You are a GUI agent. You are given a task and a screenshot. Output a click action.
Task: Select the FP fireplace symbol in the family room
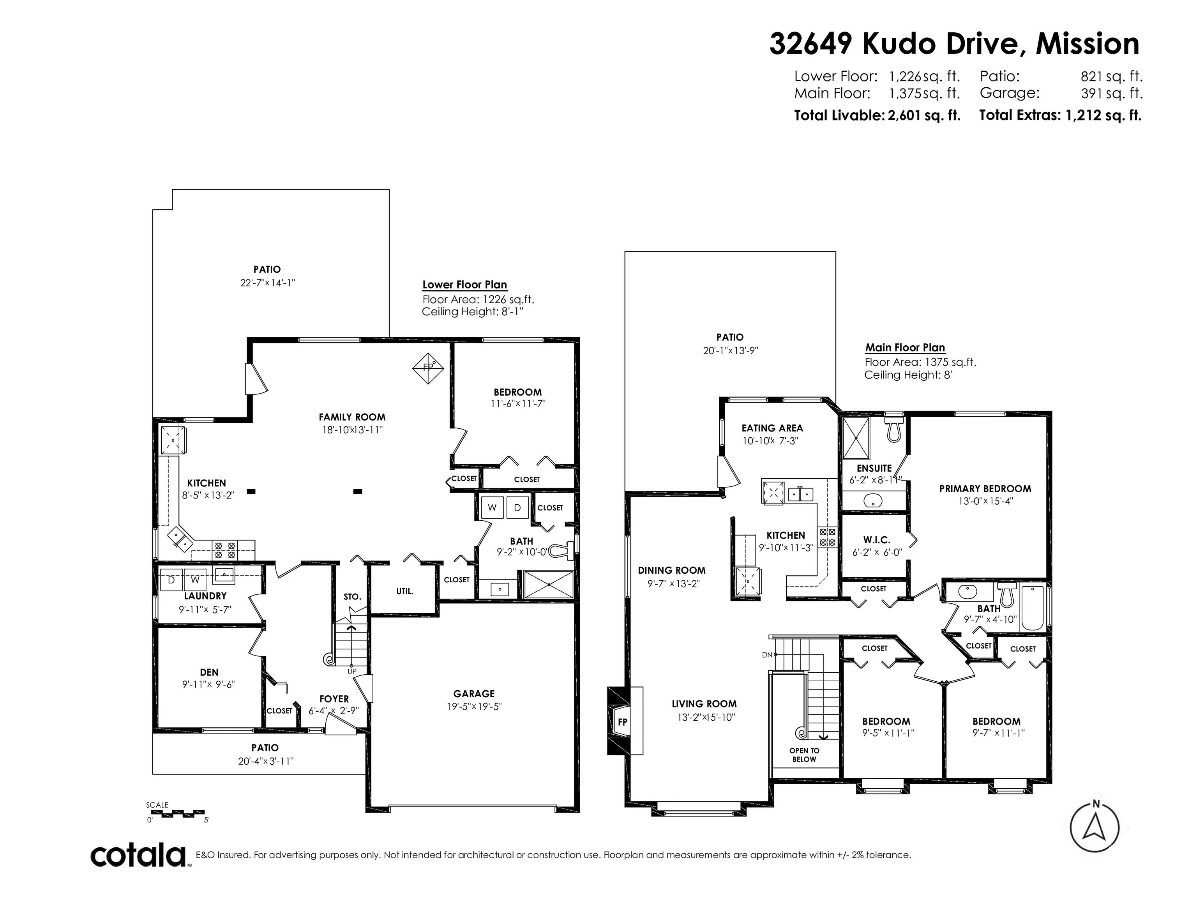tap(428, 368)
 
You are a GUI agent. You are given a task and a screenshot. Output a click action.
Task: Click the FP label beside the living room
tap(623, 721)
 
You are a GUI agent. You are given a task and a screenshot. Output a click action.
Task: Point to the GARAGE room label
tap(474, 693)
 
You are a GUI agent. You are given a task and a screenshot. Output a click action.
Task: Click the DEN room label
tap(209, 672)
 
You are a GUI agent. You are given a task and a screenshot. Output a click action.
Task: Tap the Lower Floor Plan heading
tap(464, 285)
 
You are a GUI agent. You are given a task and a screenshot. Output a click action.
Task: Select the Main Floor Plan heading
tap(905, 348)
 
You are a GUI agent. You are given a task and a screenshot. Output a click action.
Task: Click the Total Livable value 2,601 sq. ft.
tap(924, 115)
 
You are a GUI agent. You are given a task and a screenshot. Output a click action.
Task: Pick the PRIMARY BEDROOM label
tap(985, 489)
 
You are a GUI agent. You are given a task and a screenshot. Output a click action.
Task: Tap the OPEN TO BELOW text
tap(804, 755)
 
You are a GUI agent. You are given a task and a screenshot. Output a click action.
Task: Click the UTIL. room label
tap(405, 591)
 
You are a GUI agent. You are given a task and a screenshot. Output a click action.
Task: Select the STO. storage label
tap(352, 596)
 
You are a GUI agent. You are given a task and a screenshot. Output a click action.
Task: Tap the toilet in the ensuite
tap(894, 428)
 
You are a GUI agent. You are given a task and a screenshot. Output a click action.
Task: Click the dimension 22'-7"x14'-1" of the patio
tap(267, 283)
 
